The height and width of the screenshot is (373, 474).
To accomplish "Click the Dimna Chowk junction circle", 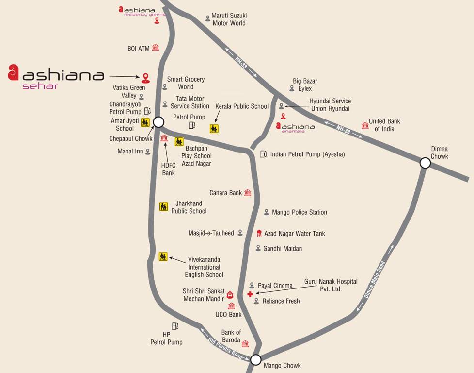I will (x=425, y=163).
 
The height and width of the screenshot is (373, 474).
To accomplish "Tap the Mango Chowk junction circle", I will (x=256, y=360).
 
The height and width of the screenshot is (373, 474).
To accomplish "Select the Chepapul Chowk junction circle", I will (x=158, y=122).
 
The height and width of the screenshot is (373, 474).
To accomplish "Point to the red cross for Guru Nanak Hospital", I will (x=250, y=294).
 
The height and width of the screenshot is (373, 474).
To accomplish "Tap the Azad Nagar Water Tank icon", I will (x=259, y=233).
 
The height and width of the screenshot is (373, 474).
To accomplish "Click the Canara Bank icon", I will (x=248, y=193).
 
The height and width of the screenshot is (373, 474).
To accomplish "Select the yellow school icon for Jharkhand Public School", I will (x=164, y=206).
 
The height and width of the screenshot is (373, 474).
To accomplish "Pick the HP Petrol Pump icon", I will (x=174, y=326).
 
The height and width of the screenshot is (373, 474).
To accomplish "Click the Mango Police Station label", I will (x=299, y=212).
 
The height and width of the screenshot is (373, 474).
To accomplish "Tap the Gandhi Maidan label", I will (x=282, y=248).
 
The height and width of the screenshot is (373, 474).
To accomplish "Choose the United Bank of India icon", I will (x=365, y=125).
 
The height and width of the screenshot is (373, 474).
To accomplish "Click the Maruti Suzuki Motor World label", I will (x=229, y=19).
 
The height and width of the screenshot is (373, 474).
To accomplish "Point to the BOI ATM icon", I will (x=155, y=48).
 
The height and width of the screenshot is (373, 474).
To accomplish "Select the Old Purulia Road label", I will (x=225, y=348).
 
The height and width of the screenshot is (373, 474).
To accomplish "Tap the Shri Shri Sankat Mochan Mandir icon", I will (x=230, y=295).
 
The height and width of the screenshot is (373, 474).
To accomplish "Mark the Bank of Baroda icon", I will (x=245, y=344).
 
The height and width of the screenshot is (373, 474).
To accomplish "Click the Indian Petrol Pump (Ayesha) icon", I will (x=263, y=154).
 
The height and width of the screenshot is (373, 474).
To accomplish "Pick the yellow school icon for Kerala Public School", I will (x=214, y=129).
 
